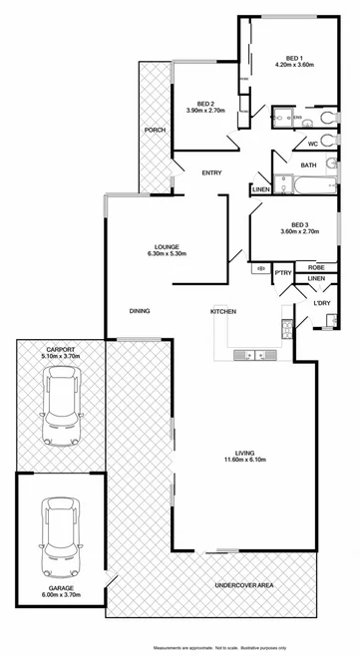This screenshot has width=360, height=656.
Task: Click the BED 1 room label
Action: pos(294,57)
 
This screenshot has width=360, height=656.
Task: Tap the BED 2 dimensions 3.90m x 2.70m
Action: pos(205,111)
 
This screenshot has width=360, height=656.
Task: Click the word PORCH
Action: pos(155,131)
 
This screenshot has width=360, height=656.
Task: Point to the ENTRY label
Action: pos(211,173)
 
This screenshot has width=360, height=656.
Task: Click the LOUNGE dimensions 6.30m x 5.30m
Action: pos(166,253)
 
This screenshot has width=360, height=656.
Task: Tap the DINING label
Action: pos(140,311)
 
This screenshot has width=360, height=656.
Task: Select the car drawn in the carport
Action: pos(60,408)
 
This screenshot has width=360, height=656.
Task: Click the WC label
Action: pos(311,143)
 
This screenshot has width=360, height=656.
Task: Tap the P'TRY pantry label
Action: pos(282,271)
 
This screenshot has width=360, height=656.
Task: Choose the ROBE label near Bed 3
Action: pos(316,267)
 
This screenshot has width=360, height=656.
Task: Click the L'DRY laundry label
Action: pos(322,302)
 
